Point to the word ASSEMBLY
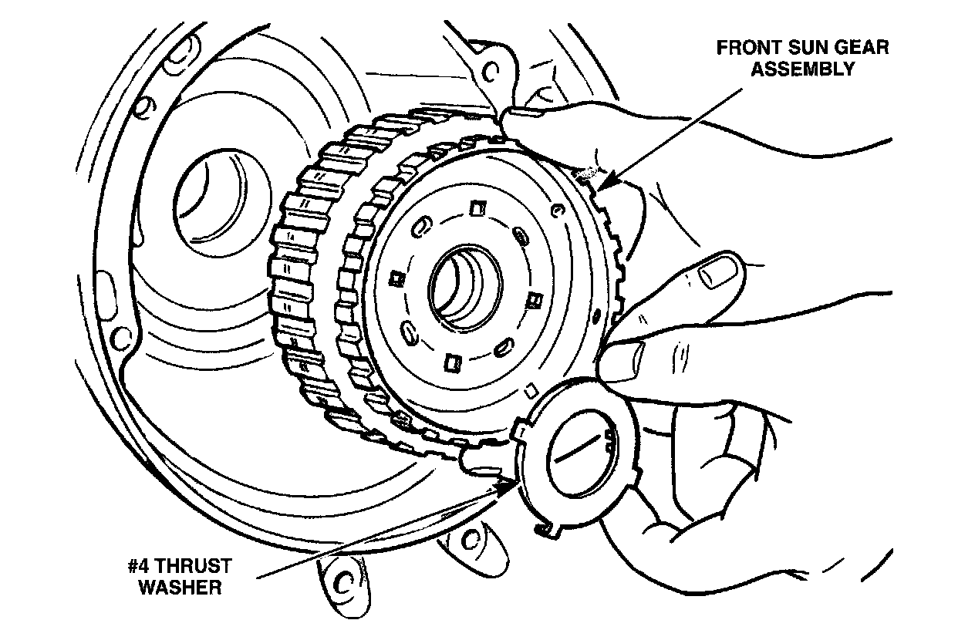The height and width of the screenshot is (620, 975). (803, 69)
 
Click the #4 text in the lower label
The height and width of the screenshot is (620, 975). (143, 565)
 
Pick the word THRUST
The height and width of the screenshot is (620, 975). (193, 565)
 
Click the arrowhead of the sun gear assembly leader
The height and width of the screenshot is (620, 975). (602, 184)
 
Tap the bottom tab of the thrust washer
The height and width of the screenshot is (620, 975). (547, 530)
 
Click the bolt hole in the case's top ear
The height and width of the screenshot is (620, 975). (488, 72)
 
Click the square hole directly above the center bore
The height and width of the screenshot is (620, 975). (475, 208)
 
